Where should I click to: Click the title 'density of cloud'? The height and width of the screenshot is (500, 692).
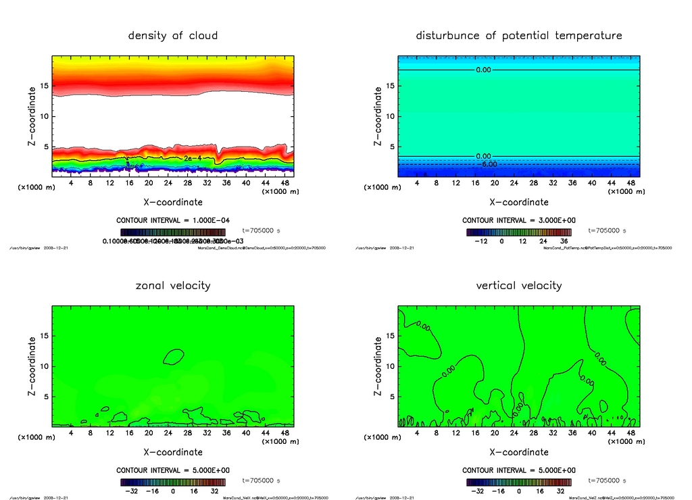click(x=173, y=35)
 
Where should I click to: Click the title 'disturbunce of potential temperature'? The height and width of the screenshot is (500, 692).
click(x=519, y=35)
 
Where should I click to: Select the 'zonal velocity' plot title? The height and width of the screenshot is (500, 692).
click(x=173, y=285)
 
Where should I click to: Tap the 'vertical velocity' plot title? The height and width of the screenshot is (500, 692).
click(x=519, y=285)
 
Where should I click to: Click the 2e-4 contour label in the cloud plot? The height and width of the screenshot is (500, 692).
click(x=193, y=158)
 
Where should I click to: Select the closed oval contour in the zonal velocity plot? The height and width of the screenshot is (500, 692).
click(x=174, y=356)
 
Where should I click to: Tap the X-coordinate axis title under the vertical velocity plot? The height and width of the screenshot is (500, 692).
click(x=519, y=452)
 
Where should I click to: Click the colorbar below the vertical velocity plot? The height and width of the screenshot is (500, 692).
click(x=518, y=482)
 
